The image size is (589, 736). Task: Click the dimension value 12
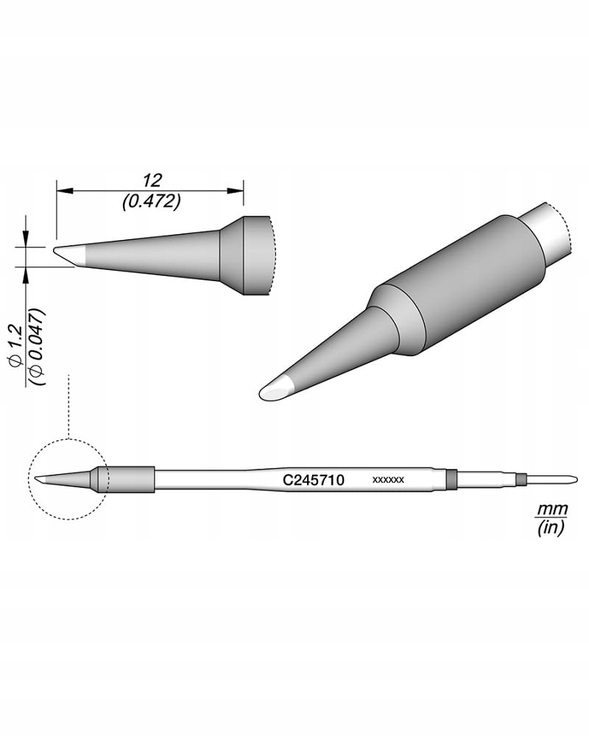click(x=152, y=180)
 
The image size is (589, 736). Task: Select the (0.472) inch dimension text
click(x=152, y=200)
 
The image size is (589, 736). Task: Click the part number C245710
click(x=314, y=479)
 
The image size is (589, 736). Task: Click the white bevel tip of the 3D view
click(x=276, y=391)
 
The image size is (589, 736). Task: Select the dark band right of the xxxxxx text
click(x=452, y=479)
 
